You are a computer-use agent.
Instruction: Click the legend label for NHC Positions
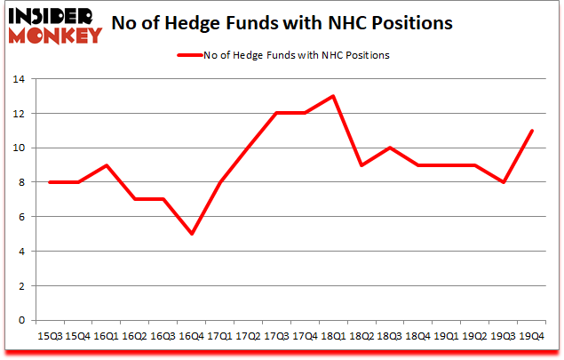click(x=297, y=55)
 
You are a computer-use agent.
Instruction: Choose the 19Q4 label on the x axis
click(x=531, y=337)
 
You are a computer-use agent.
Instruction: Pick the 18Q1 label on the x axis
click(x=333, y=337)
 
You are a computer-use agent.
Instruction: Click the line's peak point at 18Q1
click(x=333, y=96)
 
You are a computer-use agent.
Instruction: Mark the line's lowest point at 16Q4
click(x=192, y=234)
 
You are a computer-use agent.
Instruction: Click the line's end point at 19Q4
click(x=531, y=131)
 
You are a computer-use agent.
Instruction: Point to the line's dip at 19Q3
click(x=503, y=182)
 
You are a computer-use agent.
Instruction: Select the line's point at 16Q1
click(x=107, y=165)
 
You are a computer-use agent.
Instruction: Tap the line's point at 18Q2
click(x=361, y=165)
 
